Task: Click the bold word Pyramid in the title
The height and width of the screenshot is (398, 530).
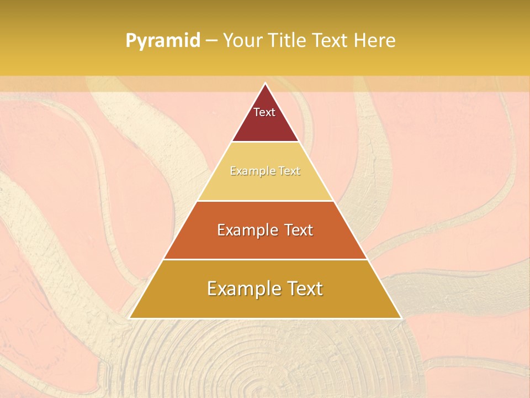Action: [162, 41]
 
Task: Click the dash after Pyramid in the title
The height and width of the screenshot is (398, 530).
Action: [211, 41]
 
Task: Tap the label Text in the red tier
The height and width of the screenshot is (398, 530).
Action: [264, 112]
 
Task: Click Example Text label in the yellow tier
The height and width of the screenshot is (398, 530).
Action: [265, 171]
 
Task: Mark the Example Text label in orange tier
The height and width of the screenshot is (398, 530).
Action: [265, 230]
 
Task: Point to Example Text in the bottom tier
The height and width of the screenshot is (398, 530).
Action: [265, 289]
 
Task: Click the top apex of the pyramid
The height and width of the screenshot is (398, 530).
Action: [265, 83]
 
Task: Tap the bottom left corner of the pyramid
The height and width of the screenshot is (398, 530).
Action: [130, 318]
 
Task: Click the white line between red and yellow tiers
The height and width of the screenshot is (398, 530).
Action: [265, 142]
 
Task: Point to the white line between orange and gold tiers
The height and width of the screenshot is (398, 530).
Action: [265, 259]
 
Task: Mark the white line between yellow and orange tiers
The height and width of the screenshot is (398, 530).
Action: [265, 201]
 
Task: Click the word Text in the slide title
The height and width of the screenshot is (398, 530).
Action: [330, 40]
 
